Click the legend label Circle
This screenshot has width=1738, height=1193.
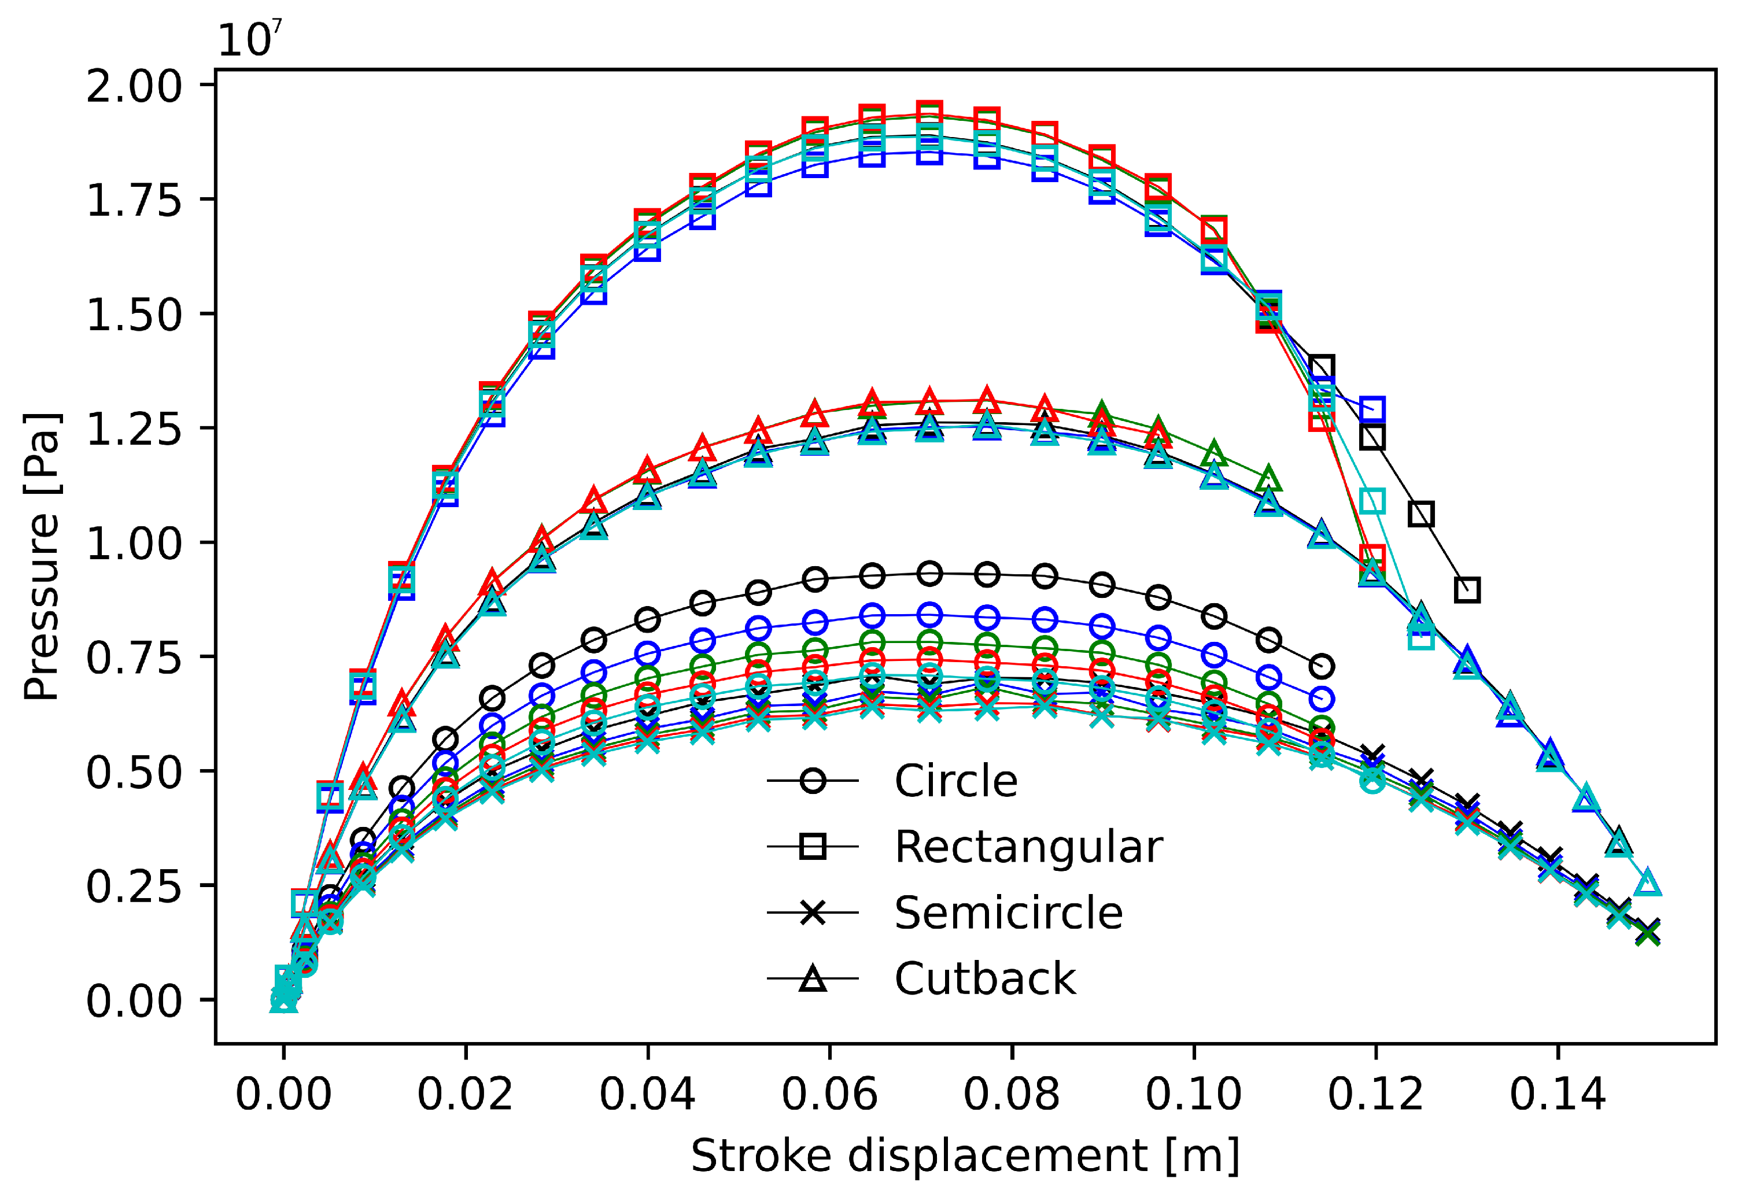coord(955,782)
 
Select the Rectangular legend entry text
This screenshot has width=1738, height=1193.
coord(1028,847)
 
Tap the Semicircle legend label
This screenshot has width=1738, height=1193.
coord(1008,913)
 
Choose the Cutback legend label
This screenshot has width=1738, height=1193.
coord(984,978)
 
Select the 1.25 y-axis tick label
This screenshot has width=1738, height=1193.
coord(134,429)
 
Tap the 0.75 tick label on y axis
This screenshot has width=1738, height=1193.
coord(134,658)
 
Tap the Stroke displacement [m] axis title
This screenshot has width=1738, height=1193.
coord(965,1155)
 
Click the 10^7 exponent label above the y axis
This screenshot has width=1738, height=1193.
coord(249,39)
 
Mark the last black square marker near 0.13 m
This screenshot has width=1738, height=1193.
coord(1467,590)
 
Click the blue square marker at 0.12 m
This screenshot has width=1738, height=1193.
coord(1371,409)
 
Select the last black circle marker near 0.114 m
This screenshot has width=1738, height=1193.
coord(1322,666)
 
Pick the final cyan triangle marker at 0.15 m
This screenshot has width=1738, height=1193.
coord(1648,884)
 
